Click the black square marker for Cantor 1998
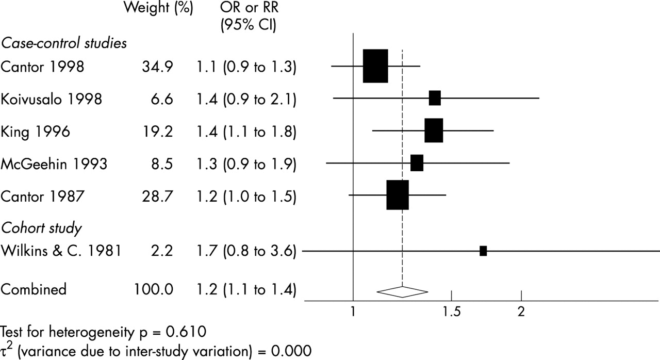[x=375, y=66]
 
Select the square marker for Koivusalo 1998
[x=435, y=98]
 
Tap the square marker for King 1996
[x=434, y=131]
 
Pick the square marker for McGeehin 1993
[x=417, y=163]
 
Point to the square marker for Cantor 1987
[x=398, y=195]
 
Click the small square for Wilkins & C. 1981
[x=483, y=251]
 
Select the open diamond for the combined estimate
[x=402, y=291]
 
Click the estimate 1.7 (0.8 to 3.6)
[x=245, y=252]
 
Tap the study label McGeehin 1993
[x=54, y=164]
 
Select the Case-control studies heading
[x=63, y=44]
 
